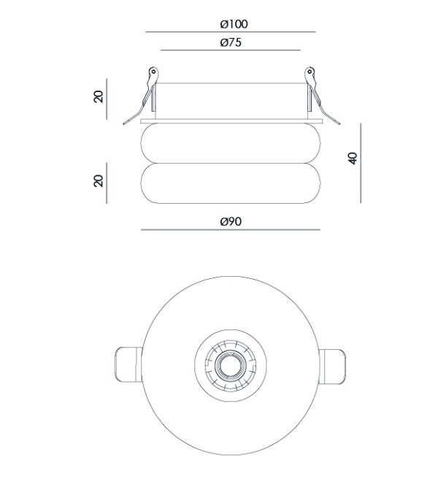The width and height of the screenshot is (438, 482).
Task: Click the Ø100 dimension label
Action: point(234,24)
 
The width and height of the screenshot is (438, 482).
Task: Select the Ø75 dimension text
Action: point(231,42)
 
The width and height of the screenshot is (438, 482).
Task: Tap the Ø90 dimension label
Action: point(231,221)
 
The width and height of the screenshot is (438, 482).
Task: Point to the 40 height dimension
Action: point(353,158)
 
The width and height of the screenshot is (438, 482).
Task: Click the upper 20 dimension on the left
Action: point(99,96)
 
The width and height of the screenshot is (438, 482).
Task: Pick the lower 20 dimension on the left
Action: point(99,181)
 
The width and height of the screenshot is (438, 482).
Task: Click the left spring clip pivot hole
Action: point(153,72)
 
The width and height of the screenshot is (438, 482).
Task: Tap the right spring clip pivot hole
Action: point(310,72)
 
